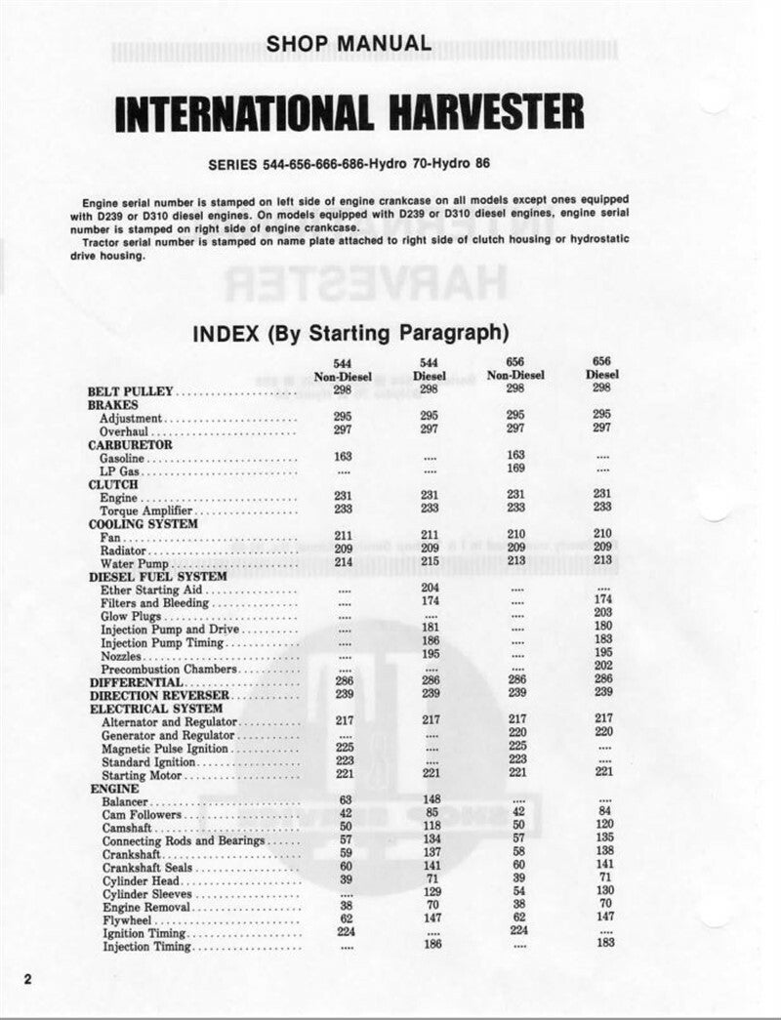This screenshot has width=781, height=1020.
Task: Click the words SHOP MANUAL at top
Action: coord(349,43)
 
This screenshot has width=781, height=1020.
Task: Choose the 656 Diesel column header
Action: coord(602,368)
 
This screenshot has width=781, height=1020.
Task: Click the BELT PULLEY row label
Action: coord(130,391)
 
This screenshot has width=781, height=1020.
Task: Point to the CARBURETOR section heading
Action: coord(130,444)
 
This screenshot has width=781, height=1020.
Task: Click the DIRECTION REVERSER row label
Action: coord(151,695)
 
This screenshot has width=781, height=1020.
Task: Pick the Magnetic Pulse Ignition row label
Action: coord(165,748)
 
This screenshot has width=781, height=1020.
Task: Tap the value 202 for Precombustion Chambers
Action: coord(602,667)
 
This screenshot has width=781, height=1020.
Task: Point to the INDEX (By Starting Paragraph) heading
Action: coord(352,333)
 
